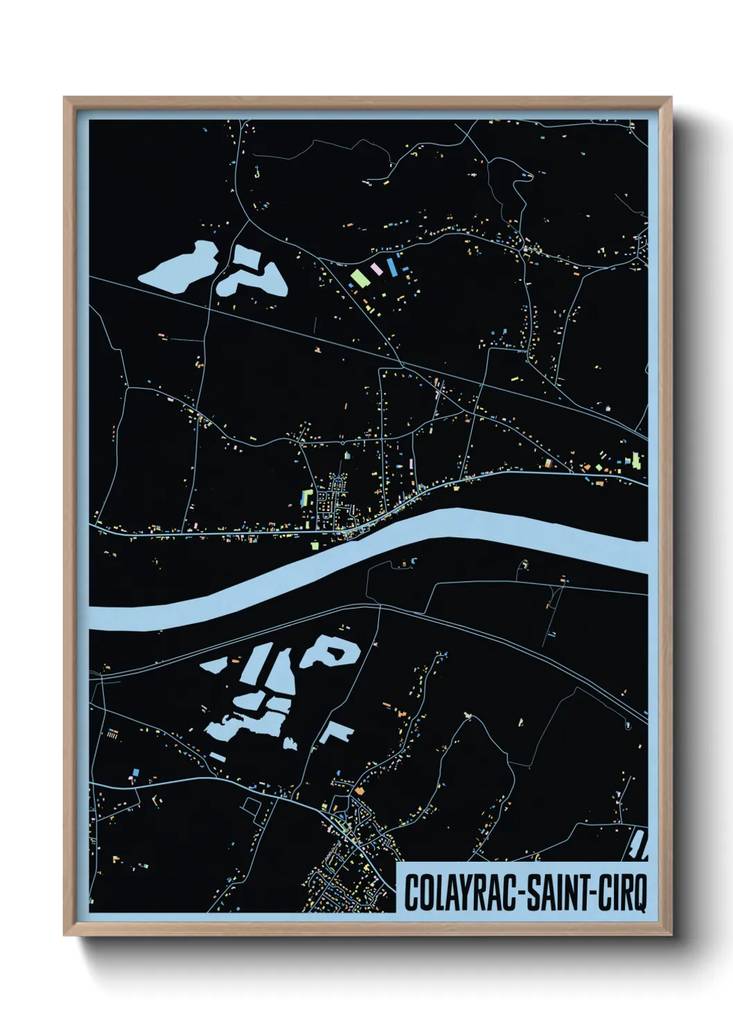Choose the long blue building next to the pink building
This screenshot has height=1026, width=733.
(x=392, y=266)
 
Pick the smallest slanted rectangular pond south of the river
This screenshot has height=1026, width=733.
(x=217, y=756)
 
